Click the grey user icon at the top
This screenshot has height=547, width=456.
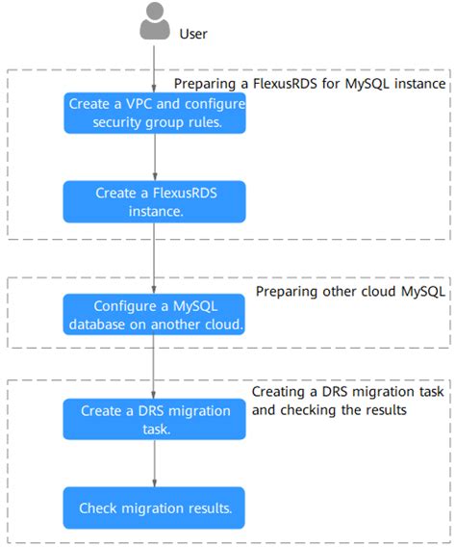(x=154, y=22)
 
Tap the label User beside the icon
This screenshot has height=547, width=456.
(x=193, y=34)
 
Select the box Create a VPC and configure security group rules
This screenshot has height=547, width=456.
(x=154, y=114)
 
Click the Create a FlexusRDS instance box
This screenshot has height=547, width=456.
(x=154, y=202)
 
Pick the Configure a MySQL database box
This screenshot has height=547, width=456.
(x=154, y=315)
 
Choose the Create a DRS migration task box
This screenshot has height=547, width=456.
(x=154, y=420)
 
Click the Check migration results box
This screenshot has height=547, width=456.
(x=154, y=507)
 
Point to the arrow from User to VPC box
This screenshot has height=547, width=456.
(x=154, y=67)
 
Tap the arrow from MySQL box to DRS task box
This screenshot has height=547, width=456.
(x=154, y=368)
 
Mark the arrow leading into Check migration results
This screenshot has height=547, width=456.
(x=154, y=464)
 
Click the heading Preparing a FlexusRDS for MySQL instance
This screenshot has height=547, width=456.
(x=309, y=85)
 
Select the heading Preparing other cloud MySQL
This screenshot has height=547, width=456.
(x=350, y=291)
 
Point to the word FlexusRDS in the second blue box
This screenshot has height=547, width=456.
(x=184, y=194)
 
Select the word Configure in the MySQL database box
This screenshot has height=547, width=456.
(x=125, y=306)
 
